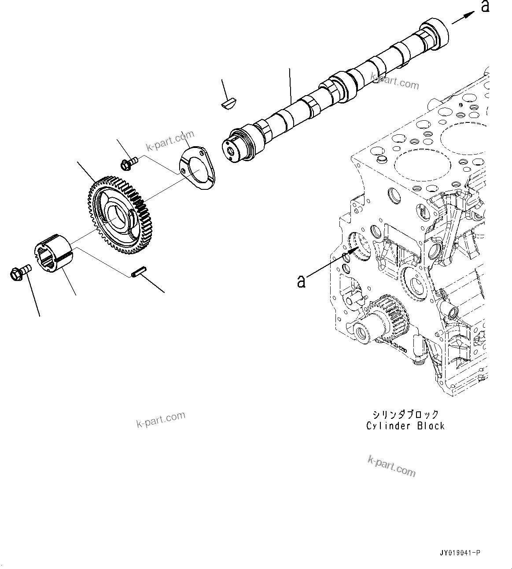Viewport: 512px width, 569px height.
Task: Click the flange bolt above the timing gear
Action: click(128, 163)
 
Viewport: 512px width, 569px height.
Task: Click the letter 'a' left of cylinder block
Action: click(301, 281)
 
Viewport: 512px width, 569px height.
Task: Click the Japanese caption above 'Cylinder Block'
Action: click(405, 414)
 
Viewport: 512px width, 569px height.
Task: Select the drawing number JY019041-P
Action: click(460, 553)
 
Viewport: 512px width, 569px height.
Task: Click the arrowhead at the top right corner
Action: click(470, 15)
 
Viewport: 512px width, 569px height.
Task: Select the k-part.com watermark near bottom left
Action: click(161, 419)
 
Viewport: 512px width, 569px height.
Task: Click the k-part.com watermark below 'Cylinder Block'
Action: click(391, 466)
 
